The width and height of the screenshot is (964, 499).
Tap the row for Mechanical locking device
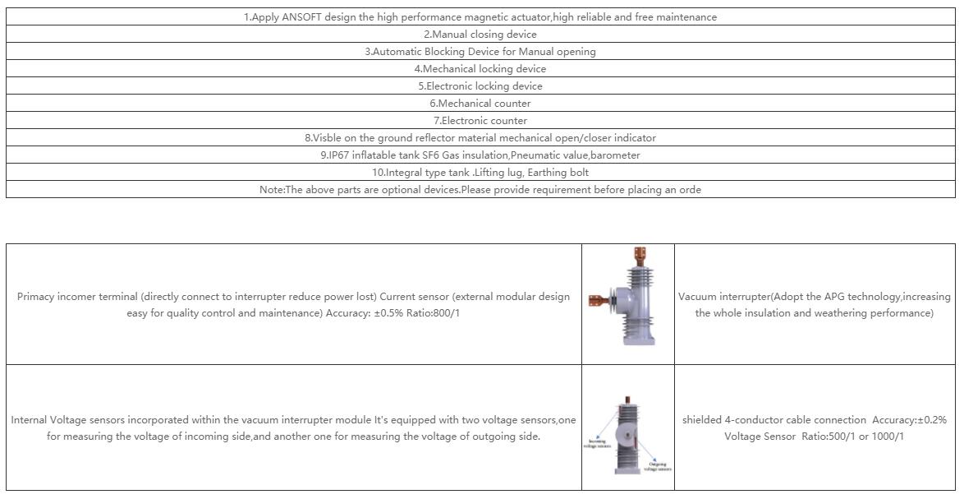pos(480,69)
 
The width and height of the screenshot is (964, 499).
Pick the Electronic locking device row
pos(480,86)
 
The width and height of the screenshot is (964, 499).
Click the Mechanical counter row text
pos(480,104)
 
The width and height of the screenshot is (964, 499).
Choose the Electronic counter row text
pos(480,121)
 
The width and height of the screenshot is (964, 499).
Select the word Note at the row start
pos(271,190)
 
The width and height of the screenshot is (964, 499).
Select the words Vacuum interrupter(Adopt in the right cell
pos(740,297)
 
